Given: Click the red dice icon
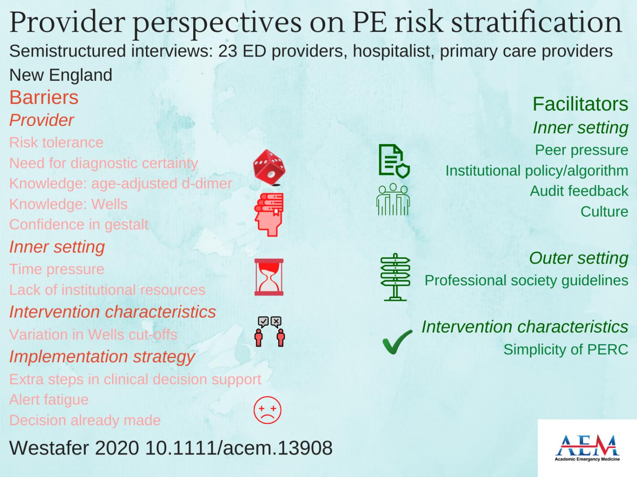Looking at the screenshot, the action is click(269, 167).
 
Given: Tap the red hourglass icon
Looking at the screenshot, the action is click(269, 277).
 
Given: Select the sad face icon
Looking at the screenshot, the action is click(267, 410).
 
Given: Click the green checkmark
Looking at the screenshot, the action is click(397, 342).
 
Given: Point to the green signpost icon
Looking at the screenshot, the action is click(395, 277).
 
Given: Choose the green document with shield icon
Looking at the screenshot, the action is click(394, 161).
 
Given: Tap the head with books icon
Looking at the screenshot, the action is click(269, 215).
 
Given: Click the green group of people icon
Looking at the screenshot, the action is click(393, 199).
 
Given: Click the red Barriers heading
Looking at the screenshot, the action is click(44, 97).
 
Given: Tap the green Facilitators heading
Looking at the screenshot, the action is click(580, 104).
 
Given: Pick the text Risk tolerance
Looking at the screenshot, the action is click(56, 143).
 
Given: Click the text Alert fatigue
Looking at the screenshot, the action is click(49, 400).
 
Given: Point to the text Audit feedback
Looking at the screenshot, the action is click(579, 191).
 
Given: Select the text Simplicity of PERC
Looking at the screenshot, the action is click(566, 349).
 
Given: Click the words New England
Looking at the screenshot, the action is click(61, 75).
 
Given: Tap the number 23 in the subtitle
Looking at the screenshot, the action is click(227, 51).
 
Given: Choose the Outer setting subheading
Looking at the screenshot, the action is click(579, 258).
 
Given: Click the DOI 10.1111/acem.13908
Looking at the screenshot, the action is click(239, 448).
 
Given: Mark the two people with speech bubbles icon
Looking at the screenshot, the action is click(269, 332).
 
